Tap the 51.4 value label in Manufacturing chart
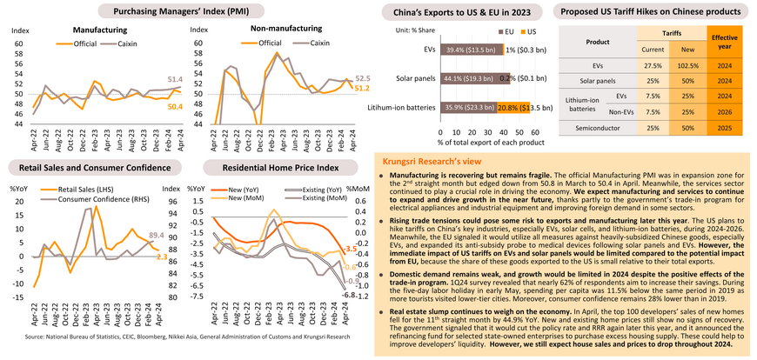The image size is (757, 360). coord(175,78)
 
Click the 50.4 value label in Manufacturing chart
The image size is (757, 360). coord(175,106)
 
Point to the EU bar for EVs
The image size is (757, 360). coord(468,50)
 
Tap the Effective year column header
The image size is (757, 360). coord(725,42)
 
